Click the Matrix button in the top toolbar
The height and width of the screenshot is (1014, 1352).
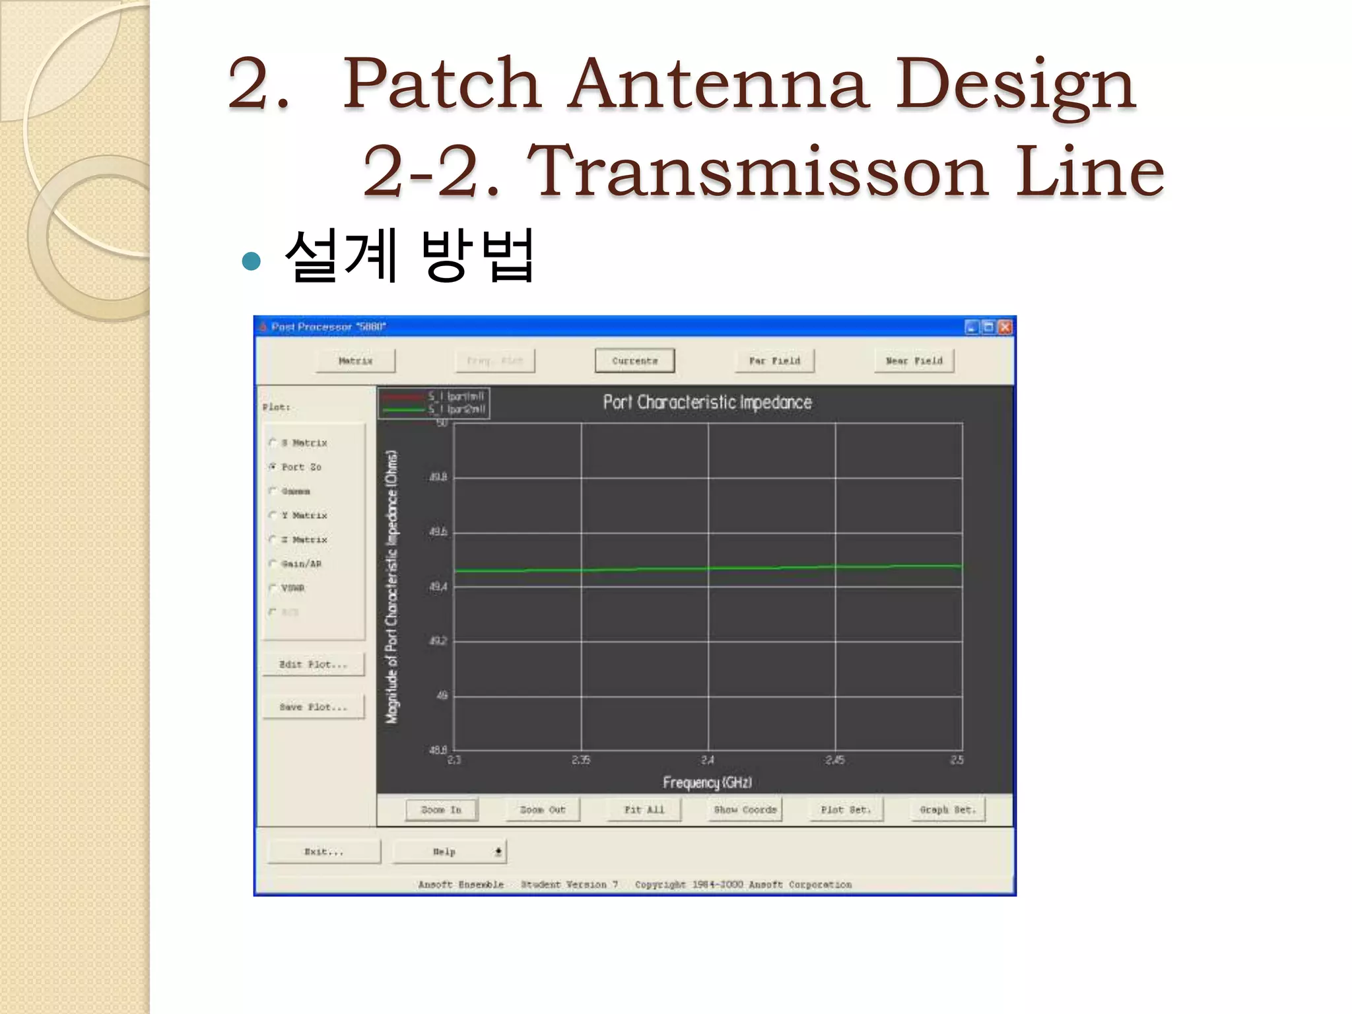tap(355, 361)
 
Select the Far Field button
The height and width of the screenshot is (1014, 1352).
tap(774, 361)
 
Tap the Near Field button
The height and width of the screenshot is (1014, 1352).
tap(914, 361)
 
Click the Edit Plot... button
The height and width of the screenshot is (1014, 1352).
tap(313, 664)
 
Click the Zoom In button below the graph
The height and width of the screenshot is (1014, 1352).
tap(441, 809)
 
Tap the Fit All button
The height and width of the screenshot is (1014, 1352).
tap(644, 809)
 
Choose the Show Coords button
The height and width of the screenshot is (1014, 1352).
tap(745, 809)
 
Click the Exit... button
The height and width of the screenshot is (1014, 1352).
tap(323, 852)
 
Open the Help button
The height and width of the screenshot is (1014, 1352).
tap(449, 852)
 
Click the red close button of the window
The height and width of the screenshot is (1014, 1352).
tap(1005, 327)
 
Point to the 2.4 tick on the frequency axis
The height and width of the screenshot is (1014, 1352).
tap(708, 760)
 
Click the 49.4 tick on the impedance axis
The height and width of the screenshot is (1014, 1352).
tap(438, 586)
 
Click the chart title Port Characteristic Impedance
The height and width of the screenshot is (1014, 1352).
tap(707, 402)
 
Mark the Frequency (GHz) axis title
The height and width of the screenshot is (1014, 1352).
tap(707, 782)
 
